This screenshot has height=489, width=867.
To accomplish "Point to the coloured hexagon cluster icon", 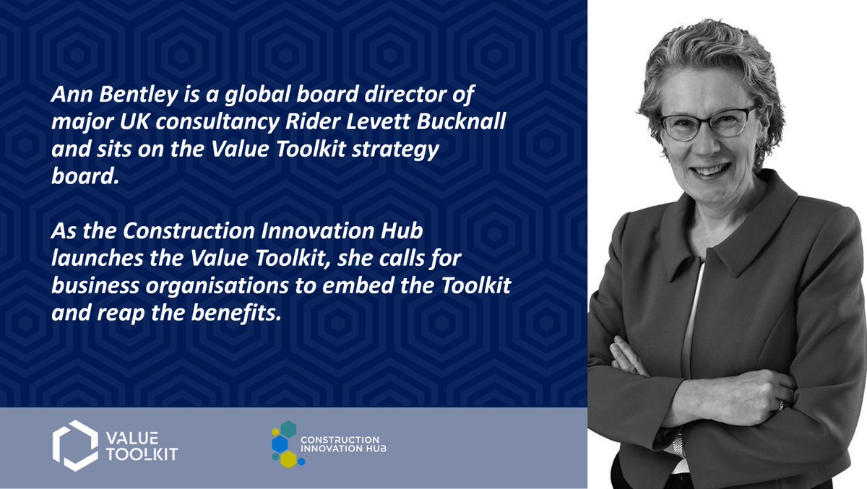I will (x=285, y=443).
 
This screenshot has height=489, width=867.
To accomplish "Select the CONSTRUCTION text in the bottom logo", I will (x=340, y=439).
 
